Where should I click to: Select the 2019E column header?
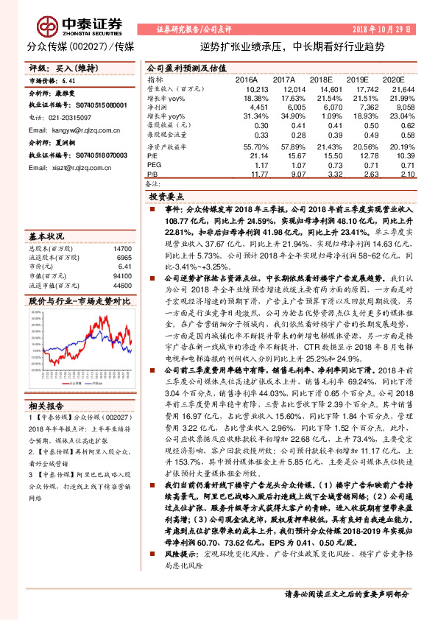tap(356, 78)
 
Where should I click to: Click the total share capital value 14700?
tap(121, 250)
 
